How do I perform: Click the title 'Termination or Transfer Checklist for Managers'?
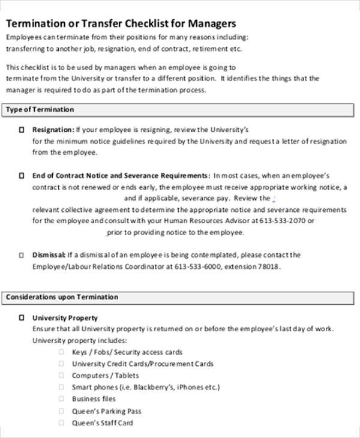(121, 23)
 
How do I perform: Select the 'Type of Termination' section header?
(40, 110)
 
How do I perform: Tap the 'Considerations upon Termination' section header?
(62, 297)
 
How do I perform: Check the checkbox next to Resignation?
(22, 130)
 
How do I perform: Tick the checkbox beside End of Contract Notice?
(22, 176)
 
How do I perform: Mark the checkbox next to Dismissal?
(22, 255)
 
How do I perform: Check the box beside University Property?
(22, 318)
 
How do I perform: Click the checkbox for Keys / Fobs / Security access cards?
(61, 352)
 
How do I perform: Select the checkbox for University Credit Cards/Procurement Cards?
(61, 364)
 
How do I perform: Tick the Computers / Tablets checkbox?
(61, 376)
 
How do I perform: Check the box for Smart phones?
(61, 387)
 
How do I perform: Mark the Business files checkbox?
(61, 399)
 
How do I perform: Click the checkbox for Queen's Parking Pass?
(61, 411)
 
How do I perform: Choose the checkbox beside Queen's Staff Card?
(61, 423)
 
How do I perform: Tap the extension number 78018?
(269, 266)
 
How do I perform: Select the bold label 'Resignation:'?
(53, 130)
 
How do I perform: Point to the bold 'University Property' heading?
(65, 318)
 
